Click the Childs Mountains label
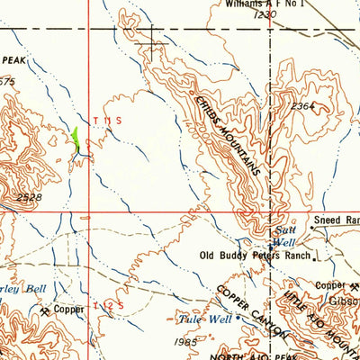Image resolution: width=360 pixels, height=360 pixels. [x=229, y=136]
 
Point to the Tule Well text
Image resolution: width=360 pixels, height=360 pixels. [x=212, y=319]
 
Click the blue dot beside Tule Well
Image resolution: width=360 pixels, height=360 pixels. [x=238, y=319]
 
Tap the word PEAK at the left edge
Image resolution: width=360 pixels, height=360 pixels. [x=13, y=60]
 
